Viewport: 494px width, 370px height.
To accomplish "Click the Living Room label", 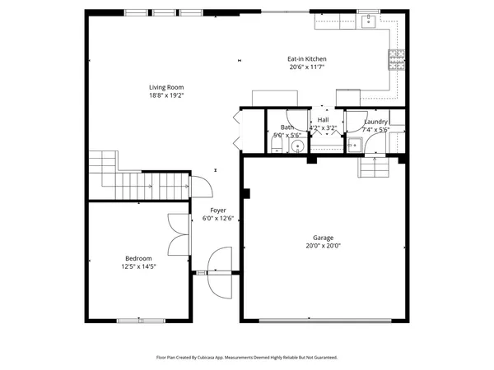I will pos(165,87).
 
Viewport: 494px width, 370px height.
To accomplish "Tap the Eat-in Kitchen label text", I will pos(307,59).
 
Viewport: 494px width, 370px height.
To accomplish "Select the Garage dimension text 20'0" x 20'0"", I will pos(323,245).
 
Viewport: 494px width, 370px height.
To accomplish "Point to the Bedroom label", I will pos(138,258).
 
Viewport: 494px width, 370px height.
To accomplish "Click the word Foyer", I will pos(218,210).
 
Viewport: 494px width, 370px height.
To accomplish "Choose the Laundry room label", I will pos(376,122).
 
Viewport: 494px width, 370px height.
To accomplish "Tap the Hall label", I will pos(323,120).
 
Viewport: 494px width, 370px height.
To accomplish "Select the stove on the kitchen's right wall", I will pos(397,58).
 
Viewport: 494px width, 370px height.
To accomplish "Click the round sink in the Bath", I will pos(297,146).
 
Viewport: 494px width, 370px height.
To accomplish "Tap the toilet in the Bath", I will pos(277,146).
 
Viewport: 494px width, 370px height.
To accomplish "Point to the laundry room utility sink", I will pos(355,145).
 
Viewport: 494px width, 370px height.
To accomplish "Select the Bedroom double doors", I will pos(178,235).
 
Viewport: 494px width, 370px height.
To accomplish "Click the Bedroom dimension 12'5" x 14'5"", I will pos(138,266).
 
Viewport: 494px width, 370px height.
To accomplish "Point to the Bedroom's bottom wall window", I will pos(137,320).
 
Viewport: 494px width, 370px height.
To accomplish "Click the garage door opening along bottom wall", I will pos(323,320).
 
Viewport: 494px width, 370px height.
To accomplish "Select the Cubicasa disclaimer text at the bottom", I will pos(247,358).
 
